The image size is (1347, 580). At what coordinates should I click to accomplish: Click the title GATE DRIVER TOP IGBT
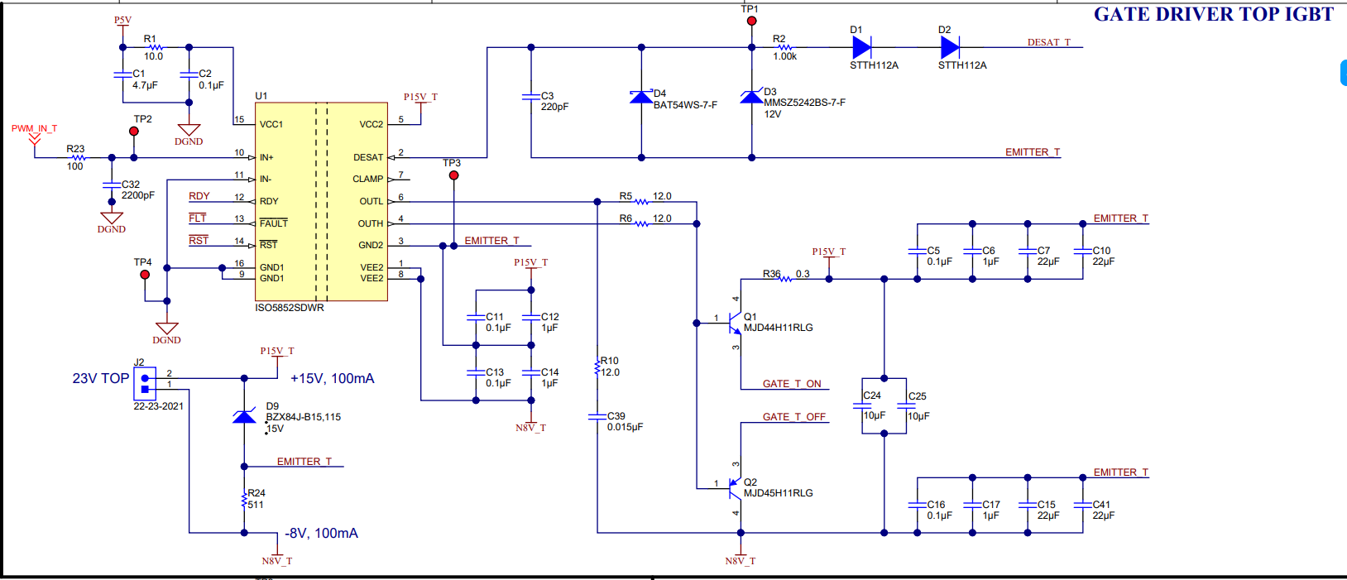[1213, 14]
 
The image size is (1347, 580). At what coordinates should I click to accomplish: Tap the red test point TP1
[751, 22]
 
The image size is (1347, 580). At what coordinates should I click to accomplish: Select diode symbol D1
[862, 47]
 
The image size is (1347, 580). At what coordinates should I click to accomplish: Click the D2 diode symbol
[950, 47]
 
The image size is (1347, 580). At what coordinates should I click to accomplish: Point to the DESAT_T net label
[1048, 42]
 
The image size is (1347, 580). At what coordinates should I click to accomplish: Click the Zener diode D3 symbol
[751, 97]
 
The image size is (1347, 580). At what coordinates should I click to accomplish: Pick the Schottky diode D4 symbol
[641, 97]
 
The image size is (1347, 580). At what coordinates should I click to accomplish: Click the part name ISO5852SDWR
[290, 308]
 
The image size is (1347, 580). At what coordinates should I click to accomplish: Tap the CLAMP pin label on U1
[367, 179]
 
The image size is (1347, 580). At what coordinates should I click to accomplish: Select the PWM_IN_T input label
[34, 129]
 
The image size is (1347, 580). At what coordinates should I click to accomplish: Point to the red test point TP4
[145, 274]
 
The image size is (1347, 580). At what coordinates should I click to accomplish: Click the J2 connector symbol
[145, 383]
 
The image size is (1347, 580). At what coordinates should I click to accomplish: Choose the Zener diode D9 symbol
[244, 416]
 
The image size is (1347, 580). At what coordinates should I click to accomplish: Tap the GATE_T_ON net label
[792, 384]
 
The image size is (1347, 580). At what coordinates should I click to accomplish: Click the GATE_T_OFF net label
[794, 417]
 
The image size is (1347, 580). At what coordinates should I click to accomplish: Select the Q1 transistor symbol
[733, 323]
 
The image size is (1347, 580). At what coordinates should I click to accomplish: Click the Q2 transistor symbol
[733, 488]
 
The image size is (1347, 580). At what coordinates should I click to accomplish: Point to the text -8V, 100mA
[322, 534]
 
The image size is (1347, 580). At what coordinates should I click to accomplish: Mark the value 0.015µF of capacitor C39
[625, 428]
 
